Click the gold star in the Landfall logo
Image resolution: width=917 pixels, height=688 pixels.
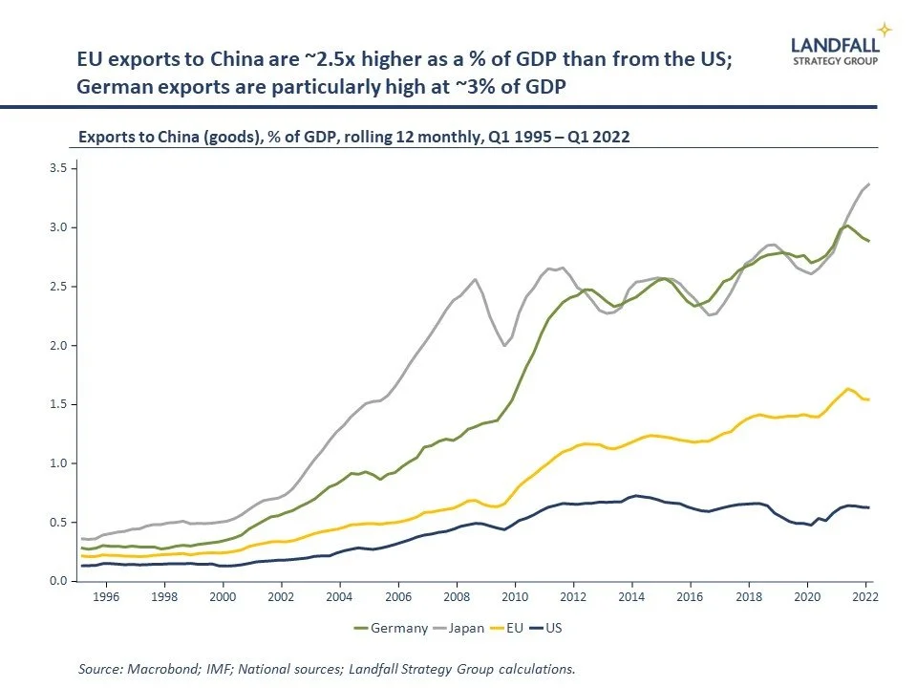(885, 30)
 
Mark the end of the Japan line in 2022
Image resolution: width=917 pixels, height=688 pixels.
(868, 183)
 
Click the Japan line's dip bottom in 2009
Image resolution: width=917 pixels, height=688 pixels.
(504, 346)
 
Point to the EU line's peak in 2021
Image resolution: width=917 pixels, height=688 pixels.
(848, 388)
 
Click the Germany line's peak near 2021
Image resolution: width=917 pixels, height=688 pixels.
(846, 226)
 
